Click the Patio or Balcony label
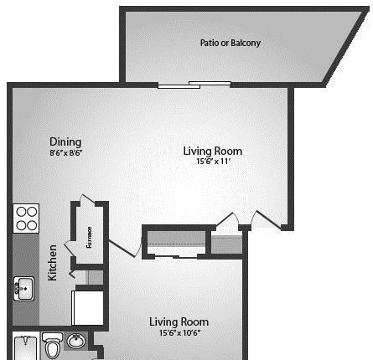pos(231,43)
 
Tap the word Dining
pos(65,141)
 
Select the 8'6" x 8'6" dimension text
pos(66,152)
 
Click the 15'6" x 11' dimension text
pos(213,161)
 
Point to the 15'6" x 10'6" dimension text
pos(179,332)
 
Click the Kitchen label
pos(52,263)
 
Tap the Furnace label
pos(89,237)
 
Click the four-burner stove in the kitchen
pos(26,219)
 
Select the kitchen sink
pos(24,289)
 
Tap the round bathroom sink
pos(76,341)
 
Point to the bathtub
pos(26,347)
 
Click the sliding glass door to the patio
pos(194,85)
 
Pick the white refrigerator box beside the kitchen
pos(88,308)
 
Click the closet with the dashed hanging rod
pos(176,242)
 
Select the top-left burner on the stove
pos(21,212)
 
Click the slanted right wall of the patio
pos(346,47)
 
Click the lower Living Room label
pos(179,322)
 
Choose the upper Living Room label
pos(213,151)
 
